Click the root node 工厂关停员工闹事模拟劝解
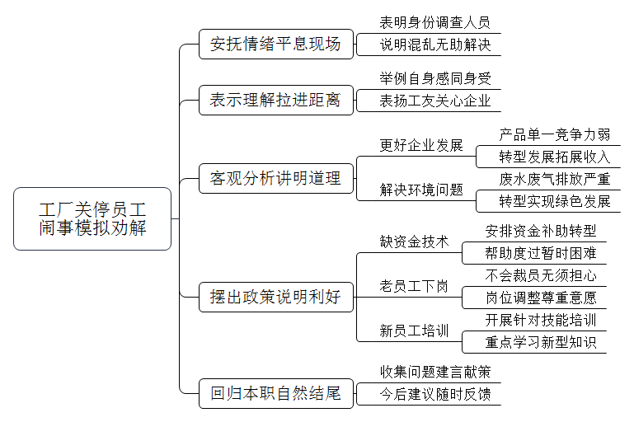click(x=92, y=218)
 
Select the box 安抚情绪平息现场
click(x=276, y=44)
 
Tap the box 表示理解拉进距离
click(x=276, y=101)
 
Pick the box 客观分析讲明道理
click(x=276, y=178)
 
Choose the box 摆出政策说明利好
click(x=276, y=297)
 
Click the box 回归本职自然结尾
click(x=276, y=393)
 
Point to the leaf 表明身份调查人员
click(x=435, y=22)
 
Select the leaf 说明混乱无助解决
click(x=435, y=45)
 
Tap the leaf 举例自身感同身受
click(x=435, y=78)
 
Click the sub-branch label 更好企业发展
click(x=421, y=146)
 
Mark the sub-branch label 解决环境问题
click(x=421, y=190)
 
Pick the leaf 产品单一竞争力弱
click(x=554, y=134)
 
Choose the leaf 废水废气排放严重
click(x=554, y=179)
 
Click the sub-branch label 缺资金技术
click(x=414, y=241)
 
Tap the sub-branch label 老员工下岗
click(x=414, y=286)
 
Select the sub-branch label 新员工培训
click(x=414, y=331)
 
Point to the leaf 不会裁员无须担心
click(x=541, y=275)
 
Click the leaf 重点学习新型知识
click(x=541, y=342)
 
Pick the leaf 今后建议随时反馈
click(x=435, y=394)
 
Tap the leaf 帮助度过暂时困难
click(x=541, y=253)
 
